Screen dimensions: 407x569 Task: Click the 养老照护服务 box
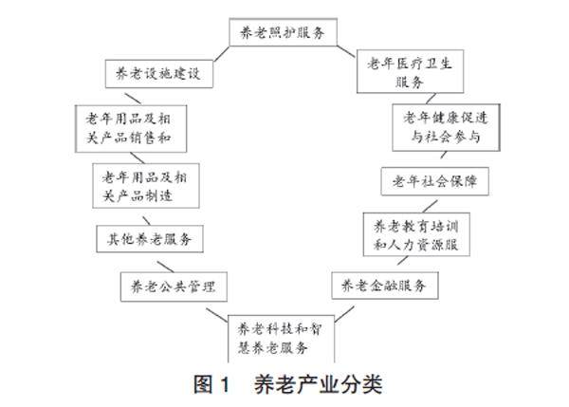(x=284, y=32)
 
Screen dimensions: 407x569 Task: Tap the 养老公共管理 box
(x=176, y=284)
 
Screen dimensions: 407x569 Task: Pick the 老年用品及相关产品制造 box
(x=144, y=185)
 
